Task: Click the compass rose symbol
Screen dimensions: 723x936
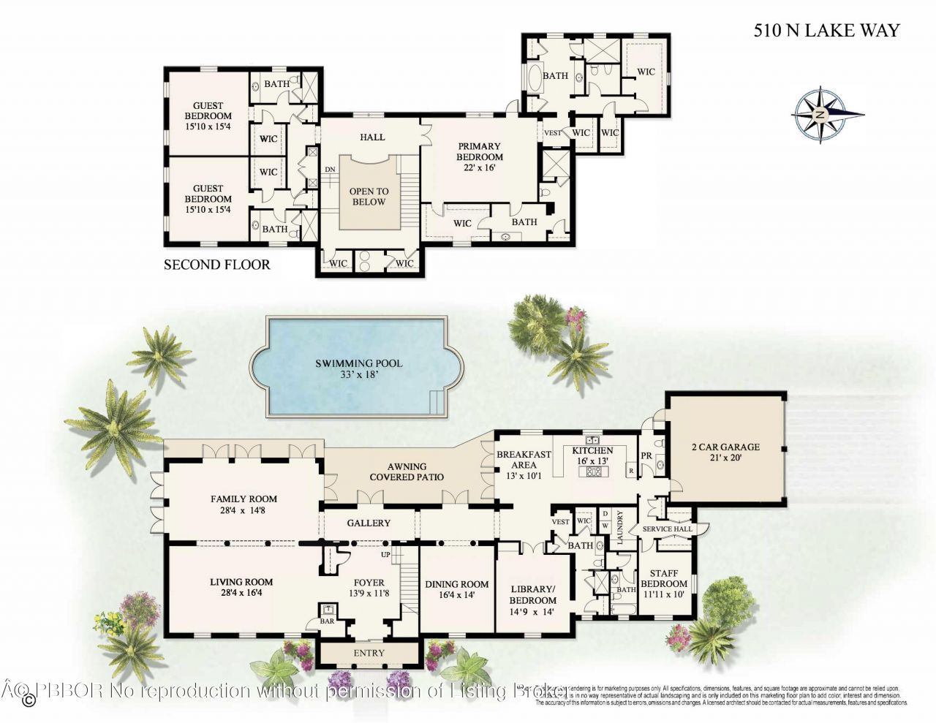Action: [x=821, y=115]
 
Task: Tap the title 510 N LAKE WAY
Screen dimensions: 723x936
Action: [x=826, y=30]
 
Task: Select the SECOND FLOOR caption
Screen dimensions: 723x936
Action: [x=216, y=265]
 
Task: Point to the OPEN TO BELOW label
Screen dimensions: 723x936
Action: [x=369, y=196]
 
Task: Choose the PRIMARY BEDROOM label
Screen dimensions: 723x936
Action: [x=480, y=151]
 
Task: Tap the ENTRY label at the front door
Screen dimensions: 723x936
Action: [x=369, y=653]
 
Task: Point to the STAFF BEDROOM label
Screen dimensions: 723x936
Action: [x=664, y=578]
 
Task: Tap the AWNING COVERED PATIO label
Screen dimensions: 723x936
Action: [x=407, y=472]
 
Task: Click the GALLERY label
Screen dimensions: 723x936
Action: [x=369, y=523]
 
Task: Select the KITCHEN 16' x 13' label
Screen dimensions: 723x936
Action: [x=592, y=455]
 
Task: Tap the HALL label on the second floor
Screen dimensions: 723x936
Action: [x=372, y=137]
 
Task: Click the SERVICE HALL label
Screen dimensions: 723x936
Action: [x=667, y=529]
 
